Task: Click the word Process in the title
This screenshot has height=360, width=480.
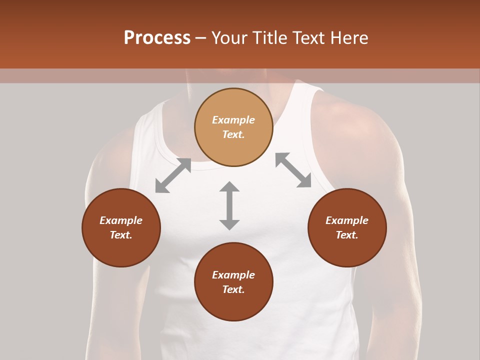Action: click(x=157, y=38)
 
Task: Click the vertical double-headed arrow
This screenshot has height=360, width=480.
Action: click(x=229, y=205)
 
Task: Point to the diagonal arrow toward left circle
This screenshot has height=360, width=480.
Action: click(x=173, y=175)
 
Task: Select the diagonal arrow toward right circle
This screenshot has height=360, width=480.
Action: click(x=293, y=170)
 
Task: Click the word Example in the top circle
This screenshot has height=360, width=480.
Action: click(x=233, y=120)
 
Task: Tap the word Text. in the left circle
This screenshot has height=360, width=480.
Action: click(x=121, y=235)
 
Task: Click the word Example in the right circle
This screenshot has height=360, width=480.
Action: click(x=347, y=220)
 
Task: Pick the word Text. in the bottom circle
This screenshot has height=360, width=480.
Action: click(x=233, y=289)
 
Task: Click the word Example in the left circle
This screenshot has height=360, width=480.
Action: click(x=121, y=220)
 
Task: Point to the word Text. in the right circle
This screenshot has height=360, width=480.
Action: click(x=347, y=235)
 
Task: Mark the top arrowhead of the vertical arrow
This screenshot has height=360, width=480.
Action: click(x=229, y=187)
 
